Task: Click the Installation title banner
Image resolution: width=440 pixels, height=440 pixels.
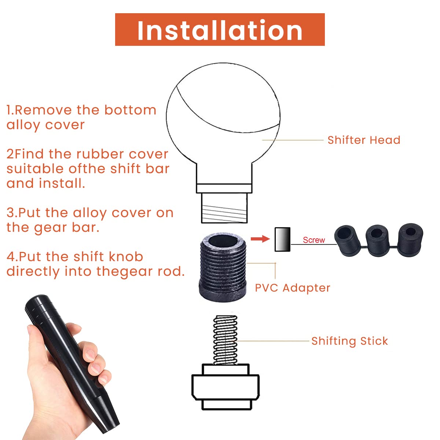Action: pyautogui.click(x=220, y=29)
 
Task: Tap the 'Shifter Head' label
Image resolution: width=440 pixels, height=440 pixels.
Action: pyautogui.click(x=364, y=140)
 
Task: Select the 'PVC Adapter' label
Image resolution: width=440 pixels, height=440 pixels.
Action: pyautogui.click(x=293, y=288)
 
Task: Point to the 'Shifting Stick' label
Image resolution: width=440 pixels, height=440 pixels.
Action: pyautogui.click(x=349, y=341)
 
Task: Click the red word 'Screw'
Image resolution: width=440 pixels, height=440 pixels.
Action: pyautogui.click(x=314, y=240)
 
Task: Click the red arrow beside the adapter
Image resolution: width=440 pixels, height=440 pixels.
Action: pyautogui.click(x=260, y=239)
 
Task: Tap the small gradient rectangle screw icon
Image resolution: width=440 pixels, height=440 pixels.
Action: pyautogui.click(x=282, y=239)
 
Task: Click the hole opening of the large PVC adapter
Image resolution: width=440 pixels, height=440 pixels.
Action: pyautogui.click(x=223, y=242)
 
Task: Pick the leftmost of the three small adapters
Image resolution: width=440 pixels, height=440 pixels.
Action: pyautogui.click(x=347, y=241)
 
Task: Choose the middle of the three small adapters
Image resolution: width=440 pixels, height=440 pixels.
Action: pyautogui.click(x=377, y=241)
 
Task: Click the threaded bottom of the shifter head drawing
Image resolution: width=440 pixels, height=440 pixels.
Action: pyautogui.click(x=224, y=208)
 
